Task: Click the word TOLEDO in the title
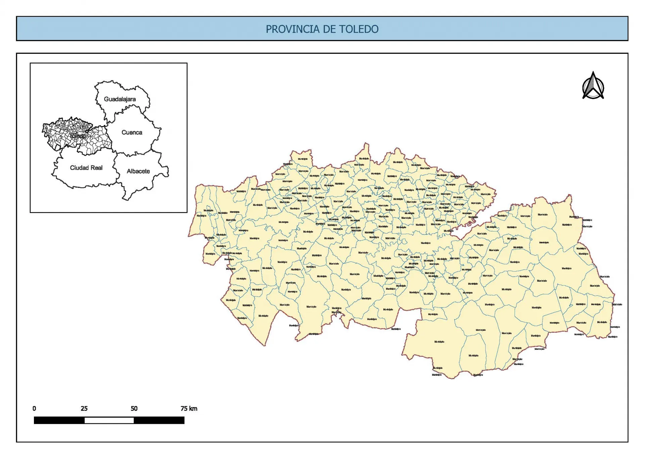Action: point(358,29)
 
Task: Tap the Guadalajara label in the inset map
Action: point(120,99)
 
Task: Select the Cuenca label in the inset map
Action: point(132,132)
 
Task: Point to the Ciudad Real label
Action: point(86,168)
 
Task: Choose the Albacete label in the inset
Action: point(138,171)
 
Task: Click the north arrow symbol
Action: point(593,86)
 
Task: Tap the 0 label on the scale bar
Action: point(34,409)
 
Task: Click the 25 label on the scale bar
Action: point(84,409)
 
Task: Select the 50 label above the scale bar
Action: point(134,409)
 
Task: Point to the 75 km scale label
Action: point(189,409)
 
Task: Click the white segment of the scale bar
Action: point(109,420)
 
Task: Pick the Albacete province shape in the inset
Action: point(141,181)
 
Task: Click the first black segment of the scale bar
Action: point(59,420)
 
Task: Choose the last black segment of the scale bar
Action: point(159,420)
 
